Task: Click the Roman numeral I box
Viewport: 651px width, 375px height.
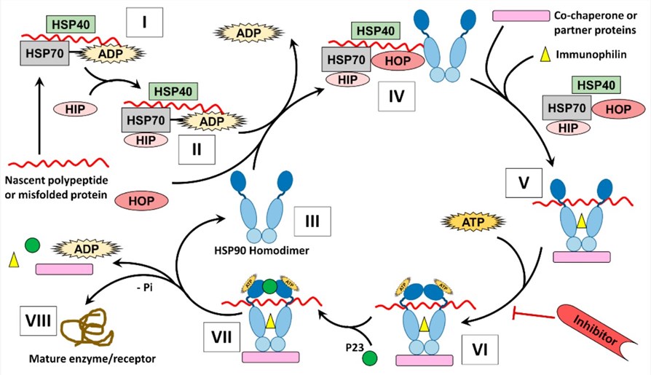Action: pyautogui.click(x=145, y=23)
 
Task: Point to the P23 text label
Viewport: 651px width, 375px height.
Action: pyautogui.click(x=351, y=346)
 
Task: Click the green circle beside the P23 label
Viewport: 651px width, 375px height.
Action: pyautogui.click(x=370, y=358)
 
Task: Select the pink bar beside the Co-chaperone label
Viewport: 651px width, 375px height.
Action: pyautogui.click(x=521, y=15)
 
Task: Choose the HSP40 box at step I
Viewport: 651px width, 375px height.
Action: pyautogui.click(x=70, y=25)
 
